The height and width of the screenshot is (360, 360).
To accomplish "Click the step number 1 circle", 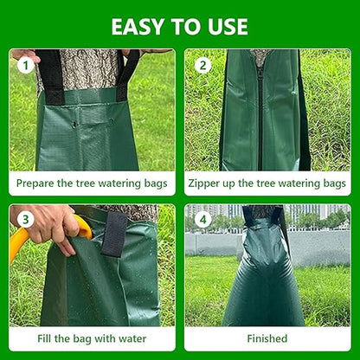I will pos(26,65).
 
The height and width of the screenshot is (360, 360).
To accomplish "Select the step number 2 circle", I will pos(203,65).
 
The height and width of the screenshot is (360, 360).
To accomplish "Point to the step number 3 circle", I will pos(26,220).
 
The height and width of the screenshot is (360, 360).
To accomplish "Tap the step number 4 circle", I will pos(203,220).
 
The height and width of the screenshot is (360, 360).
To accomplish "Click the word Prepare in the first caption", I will pos(38,183).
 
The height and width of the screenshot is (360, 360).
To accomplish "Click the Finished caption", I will pos(268,338).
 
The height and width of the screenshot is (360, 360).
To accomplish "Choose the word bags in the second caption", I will pos(332,183).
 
